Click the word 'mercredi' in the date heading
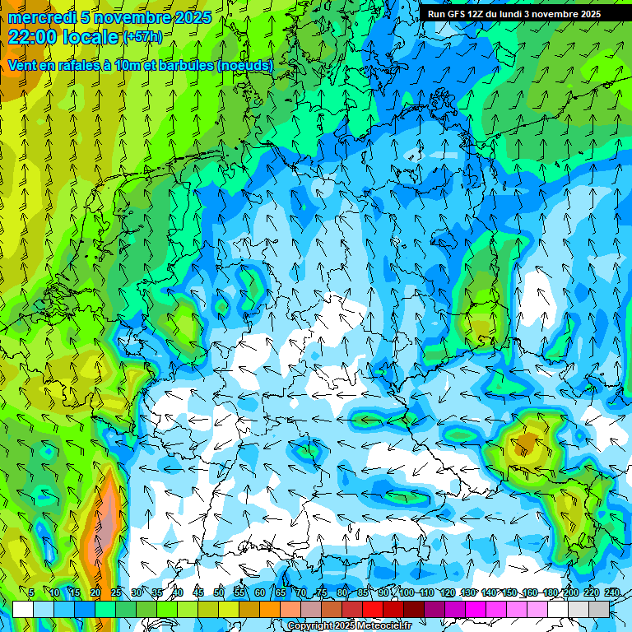pos(41,17)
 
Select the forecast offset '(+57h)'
pos(142,37)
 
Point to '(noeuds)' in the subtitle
pos(245,65)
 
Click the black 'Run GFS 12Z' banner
pos(514,14)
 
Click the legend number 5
pos(31,593)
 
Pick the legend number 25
pos(116,593)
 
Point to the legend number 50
pos(219,593)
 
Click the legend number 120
pos(448,593)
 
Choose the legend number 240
pos(612,593)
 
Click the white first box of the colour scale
pos(23,609)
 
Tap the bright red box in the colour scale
pos(373,609)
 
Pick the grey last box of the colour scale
pos(599,609)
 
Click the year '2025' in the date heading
pos(191,17)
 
